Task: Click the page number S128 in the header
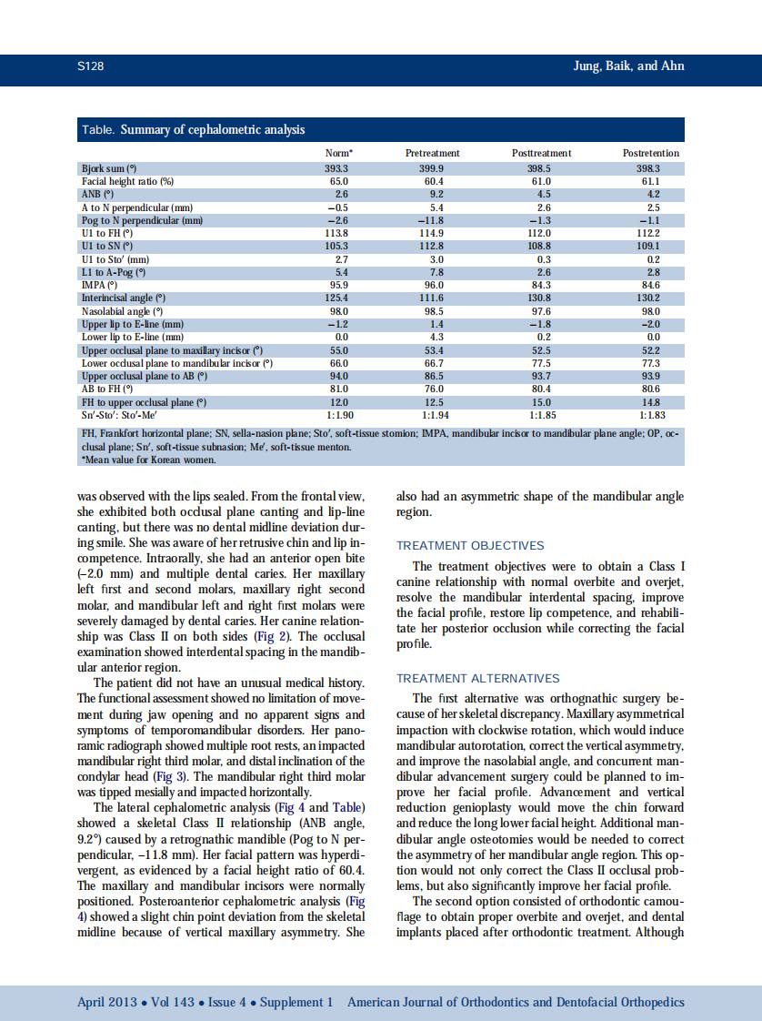pyautogui.click(x=92, y=66)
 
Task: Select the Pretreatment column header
pyautogui.click(x=432, y=153)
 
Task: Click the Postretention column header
pyautogui.click(x=650, y=153)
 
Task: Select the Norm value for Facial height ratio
pyautogui.click(x=338, y=181)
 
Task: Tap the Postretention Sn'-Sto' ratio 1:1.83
pyautogui.click(x=651, y=414)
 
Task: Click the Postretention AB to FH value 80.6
pyautogui.click(x=651, y=389)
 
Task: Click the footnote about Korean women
pyautogui.click(x=149, y=460)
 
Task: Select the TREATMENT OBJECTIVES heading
pyautogui.click(x=470, y=546)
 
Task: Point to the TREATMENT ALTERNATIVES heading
pyautogui.click(x=478, y=679)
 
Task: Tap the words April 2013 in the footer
pyautogui.click(x=108, y=1002)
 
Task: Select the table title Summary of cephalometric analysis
pyautogui.click(x=213, y=130)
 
